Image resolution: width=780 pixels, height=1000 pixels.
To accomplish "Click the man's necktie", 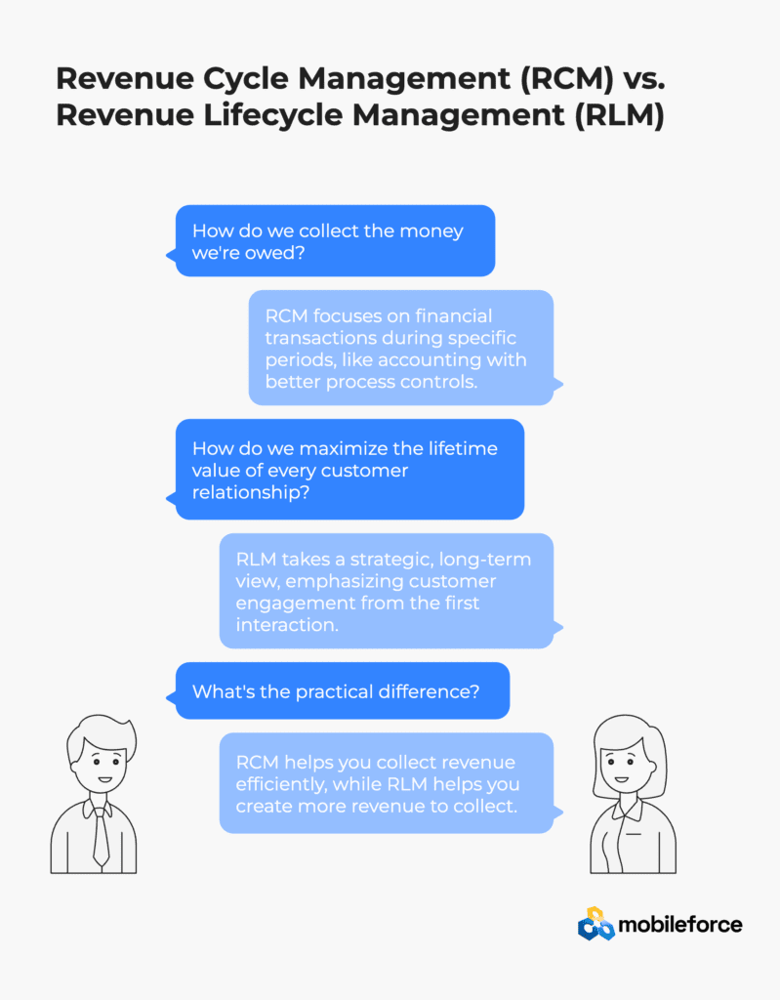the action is [101, 836].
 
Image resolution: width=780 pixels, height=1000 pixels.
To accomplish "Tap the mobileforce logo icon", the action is [595, 924].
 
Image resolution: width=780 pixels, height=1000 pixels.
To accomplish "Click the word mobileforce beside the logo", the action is [679, 925].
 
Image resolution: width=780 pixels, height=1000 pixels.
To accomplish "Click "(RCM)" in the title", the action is [566, 78].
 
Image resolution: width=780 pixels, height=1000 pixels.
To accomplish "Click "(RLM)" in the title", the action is [619, 115].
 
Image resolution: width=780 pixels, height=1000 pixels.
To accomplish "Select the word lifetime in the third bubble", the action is [463, 448].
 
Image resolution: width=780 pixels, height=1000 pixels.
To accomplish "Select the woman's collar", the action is [629, 808].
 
